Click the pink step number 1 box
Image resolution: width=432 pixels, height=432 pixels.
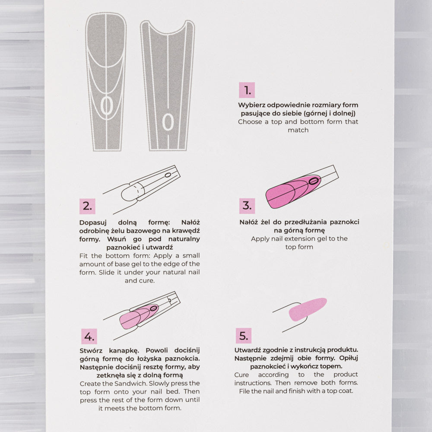247,90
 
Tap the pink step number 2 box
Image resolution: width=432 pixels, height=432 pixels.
87,206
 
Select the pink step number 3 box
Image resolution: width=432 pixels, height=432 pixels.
247,205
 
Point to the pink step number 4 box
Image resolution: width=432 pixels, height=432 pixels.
89,336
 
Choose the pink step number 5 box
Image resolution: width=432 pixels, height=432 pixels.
244,336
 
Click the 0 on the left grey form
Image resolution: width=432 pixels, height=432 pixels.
106,105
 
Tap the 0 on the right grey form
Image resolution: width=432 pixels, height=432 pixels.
168,122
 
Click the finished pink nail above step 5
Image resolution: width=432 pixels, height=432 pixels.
307,309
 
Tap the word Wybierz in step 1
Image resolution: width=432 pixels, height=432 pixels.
252,105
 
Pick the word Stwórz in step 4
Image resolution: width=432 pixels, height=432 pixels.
92,350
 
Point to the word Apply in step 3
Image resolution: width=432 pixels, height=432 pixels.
260,238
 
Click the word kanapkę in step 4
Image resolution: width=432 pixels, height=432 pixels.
127,350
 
